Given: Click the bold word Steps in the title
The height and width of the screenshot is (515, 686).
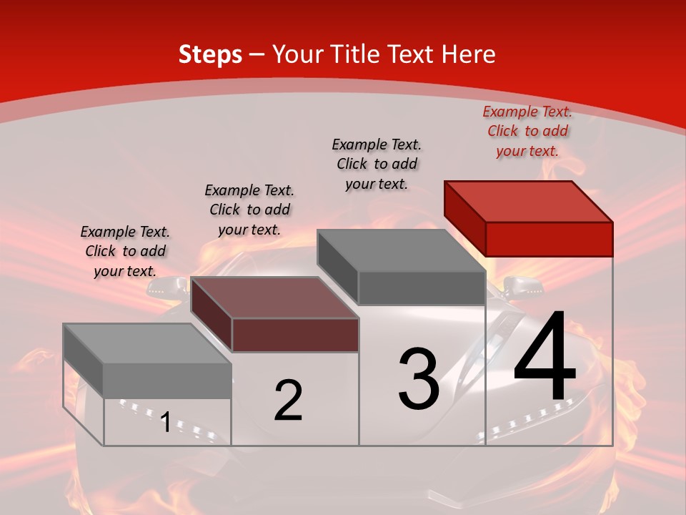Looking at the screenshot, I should [x=210, y=54].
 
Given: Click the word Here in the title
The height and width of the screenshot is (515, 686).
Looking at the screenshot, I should [x=469, y=54].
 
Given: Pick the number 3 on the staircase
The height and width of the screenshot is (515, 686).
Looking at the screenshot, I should [x=419, y=378].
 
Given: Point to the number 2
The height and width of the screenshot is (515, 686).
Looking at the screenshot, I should [x=288, y=401].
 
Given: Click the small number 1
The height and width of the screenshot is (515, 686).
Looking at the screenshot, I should [x=165, y=422].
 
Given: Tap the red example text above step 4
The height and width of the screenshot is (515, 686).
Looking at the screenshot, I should [x=527, y=132].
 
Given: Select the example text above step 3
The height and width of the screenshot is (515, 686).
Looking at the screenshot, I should [x=377, y=164].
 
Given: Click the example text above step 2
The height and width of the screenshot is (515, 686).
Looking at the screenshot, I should [x=249, y=210].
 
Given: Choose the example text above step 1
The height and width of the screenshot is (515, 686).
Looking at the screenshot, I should [x=125, y=251].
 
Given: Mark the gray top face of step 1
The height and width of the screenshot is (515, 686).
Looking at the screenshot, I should [x=146, y=343].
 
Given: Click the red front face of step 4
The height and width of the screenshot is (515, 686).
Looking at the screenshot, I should [x=549, y=239].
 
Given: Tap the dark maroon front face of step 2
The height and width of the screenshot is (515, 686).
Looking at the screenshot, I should [x=295, y=335].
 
